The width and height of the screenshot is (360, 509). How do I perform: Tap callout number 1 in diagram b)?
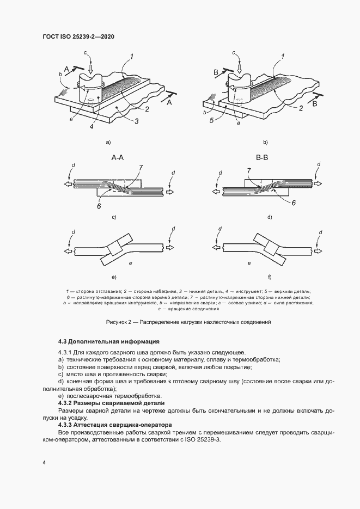[x=282, y=56]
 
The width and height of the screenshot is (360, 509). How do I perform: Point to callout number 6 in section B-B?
[x=294, y=202]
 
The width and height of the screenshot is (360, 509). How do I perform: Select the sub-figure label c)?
[x=114, y=217]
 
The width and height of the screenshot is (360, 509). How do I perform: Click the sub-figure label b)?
[x=265, y=142]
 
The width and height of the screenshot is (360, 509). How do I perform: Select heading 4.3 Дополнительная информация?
[x=108, y=342]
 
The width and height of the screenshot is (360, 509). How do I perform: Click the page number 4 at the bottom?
[x=44, y=462]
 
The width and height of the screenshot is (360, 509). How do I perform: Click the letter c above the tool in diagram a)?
[x=86, y=52]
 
